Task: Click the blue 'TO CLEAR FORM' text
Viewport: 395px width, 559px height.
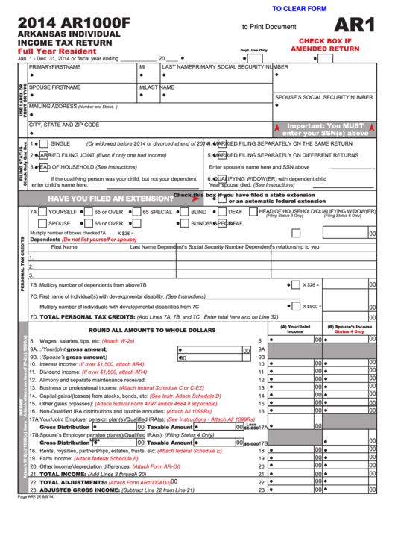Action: tap(300, 8)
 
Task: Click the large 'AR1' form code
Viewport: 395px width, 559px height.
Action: tap(356, 25)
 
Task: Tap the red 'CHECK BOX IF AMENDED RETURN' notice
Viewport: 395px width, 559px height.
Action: tap(325, 44)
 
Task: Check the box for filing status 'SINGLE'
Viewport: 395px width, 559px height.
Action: tap(44, 143)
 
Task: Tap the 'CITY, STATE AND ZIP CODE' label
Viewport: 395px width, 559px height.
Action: tap(64, 125)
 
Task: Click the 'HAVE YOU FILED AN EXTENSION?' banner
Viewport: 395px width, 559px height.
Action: tap(111, 199)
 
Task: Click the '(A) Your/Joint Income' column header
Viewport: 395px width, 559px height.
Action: tap(295, 328)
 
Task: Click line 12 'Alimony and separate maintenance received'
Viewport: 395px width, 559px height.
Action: tap(98, 379)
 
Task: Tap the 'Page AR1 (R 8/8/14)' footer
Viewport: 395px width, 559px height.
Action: tap(37, 497)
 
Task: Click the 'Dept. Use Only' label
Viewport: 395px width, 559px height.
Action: tap(253, 50)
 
